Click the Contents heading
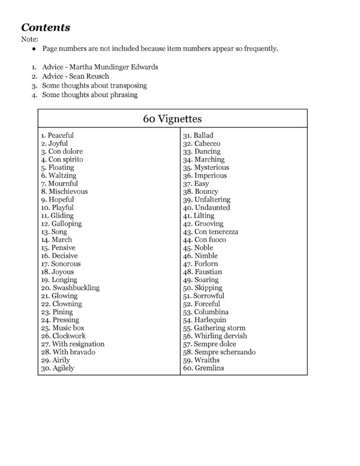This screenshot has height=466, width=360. pos(46,27)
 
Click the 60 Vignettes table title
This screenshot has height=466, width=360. pos(172,118)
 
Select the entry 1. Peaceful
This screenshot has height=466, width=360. pos(58,136)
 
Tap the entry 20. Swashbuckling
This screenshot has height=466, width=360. pos(70,288)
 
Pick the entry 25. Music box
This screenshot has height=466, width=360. pos(62,328)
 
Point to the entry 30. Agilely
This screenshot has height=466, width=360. pos(58,368)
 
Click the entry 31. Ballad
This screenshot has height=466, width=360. pos(199,136)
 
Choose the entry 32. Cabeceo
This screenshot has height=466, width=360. pos(202,144)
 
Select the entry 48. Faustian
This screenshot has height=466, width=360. pos(203,272)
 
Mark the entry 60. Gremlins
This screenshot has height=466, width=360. pos(204,368)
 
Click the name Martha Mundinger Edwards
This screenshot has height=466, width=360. pos(116,67)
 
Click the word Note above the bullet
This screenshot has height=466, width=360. pos(29,40)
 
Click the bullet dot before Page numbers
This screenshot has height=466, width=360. pos(35,49)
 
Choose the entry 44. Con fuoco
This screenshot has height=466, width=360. pos(205,240)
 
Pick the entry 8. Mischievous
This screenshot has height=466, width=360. pos(64,192)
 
